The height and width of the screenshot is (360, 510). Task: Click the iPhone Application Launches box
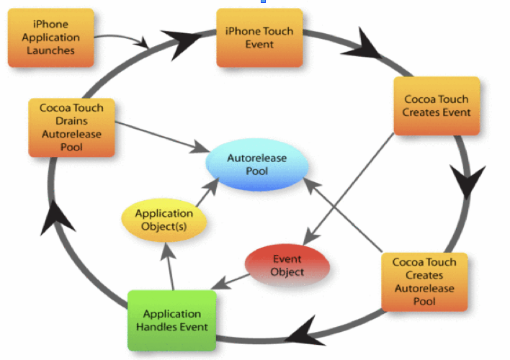click(50, 37)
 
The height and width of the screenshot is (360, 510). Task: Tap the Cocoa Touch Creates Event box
click(437, 106)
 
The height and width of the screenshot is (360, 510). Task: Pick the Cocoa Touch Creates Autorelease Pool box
click(424, 280)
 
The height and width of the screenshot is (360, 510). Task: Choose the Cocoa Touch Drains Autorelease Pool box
click(71, 127)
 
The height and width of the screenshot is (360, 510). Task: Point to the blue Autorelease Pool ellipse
click(257, 166)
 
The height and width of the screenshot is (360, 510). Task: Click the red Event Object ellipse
click(287, 266)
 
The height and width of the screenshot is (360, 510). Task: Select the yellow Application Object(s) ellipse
click(164, 220)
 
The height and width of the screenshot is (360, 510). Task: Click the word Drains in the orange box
click(71, 121)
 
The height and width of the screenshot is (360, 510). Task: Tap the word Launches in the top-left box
click(50, 51)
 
